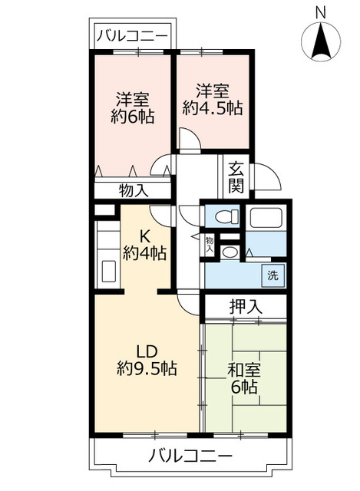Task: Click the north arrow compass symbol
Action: (x=321, y=42)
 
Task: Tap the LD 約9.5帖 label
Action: (x=146, y=360)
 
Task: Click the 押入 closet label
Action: (x=246, y=306)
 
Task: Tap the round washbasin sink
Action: (x=230, y=252)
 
